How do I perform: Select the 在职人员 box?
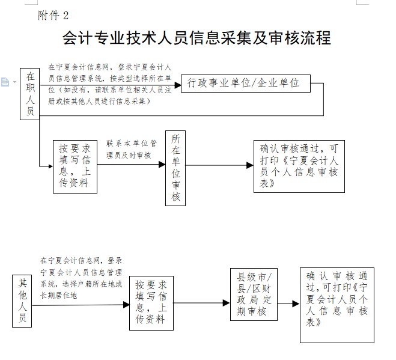29,94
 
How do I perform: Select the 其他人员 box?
22,301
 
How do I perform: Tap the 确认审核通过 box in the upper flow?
299,166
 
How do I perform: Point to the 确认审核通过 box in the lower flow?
337,305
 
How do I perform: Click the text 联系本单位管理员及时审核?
131,150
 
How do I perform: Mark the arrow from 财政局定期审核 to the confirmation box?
288,304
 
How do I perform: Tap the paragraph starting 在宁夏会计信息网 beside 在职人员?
109,84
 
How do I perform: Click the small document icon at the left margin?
5,82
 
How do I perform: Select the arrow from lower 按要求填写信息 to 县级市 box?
202,304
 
